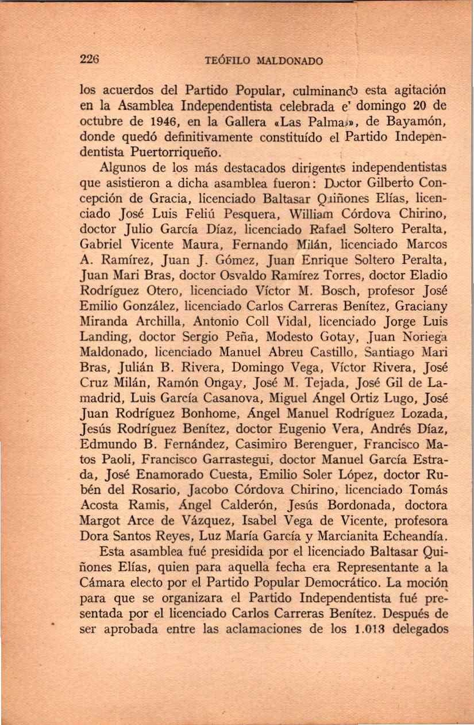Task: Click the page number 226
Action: coord(90,59)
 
